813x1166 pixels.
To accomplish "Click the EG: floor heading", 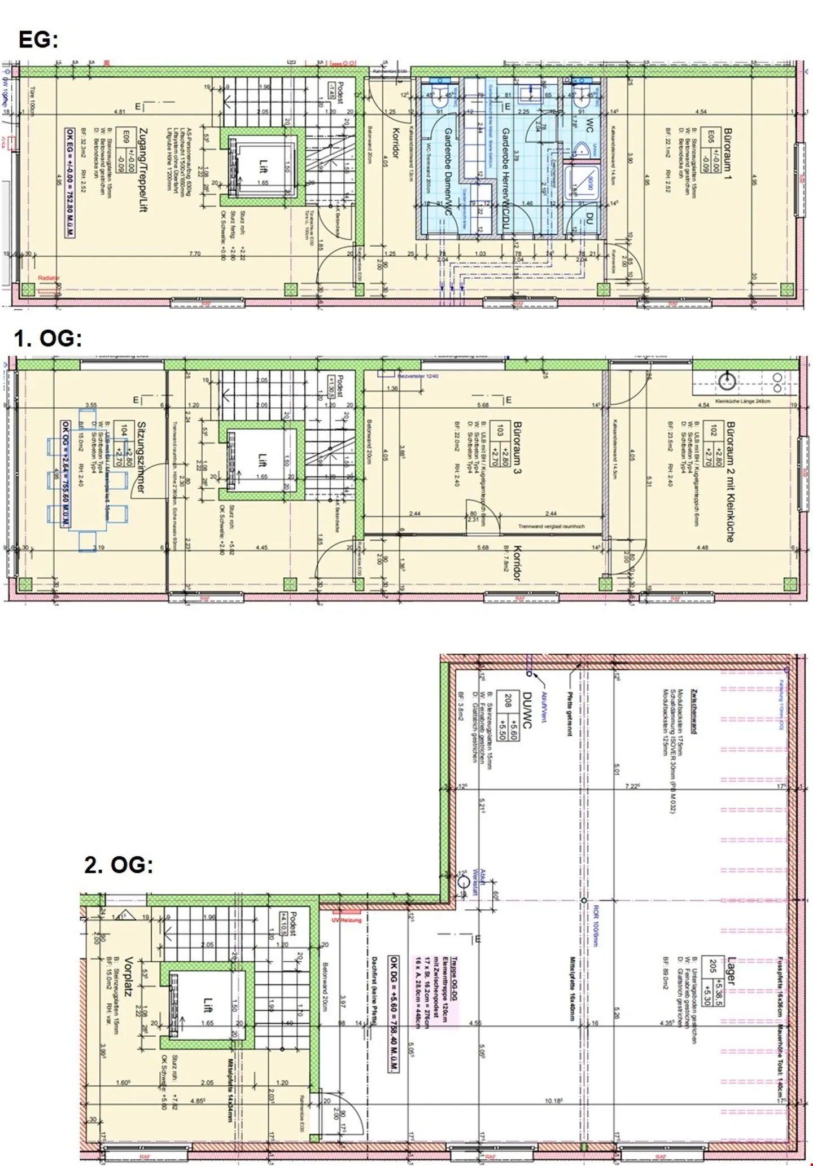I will [38, 40].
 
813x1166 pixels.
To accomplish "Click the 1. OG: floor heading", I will [48, 338].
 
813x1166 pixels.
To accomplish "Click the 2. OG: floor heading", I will [119, 865].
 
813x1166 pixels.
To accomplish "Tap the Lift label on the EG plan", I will [263, 166].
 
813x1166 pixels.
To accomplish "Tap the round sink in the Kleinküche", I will [727, 382].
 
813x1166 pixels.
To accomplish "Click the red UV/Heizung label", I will [346, 919].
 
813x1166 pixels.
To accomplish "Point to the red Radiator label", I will [49, 278].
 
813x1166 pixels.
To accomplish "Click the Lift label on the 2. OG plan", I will [208, 1005].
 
